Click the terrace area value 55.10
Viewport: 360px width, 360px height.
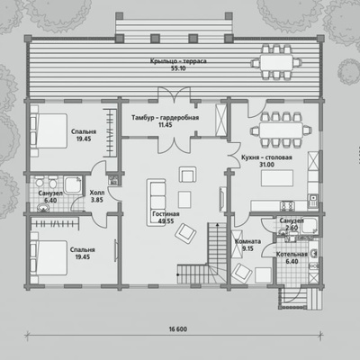coord(178,68)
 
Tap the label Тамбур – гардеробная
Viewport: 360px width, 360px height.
coord(165,117)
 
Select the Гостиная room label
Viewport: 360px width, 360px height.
coord(166,214)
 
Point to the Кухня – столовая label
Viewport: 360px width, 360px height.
coord(266,157)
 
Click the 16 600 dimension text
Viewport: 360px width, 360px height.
coord(178,329)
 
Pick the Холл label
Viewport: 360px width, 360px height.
coord(97,193)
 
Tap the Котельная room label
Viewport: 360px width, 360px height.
coord(292,255)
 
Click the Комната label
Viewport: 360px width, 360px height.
coord(247,241)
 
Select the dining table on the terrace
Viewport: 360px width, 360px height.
coord(276,62)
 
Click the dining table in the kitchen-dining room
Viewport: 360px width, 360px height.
coord(281,130)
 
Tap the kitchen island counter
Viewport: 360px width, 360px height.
coord(277,178)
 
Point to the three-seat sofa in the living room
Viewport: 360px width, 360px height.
coord(156,202)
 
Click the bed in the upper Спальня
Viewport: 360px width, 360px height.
coord(49,130)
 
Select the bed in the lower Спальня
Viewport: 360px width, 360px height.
coord(49,257)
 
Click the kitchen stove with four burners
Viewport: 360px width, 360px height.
coord(287,205)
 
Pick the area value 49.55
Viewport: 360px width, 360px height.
coord(166,221)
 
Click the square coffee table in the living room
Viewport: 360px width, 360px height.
coord(184,200)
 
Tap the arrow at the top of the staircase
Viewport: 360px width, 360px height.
coord(217,224)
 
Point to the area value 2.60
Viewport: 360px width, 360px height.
coord(292,228)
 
